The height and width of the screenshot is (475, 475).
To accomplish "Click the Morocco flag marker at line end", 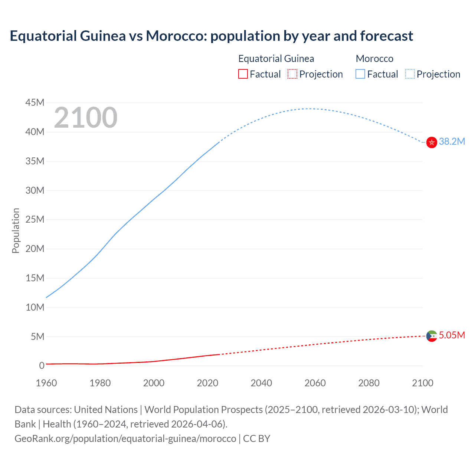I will pyautogui.click(x=432, y=142).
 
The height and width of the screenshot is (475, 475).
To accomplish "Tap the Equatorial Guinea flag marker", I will pyautogui.click(x=432, y=336).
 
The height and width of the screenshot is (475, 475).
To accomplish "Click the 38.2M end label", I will pyautogui.click(x=452, y=141).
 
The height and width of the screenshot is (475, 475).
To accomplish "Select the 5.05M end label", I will pyautogui.click(x=452, y=335).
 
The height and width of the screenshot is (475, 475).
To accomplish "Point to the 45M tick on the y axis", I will pyautogui.click(x=35, y=102).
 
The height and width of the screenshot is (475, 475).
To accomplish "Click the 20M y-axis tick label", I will pyautogui.click(x=35, y=249).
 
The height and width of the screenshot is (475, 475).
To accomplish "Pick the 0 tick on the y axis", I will pyautogui.click(x=42, y=366).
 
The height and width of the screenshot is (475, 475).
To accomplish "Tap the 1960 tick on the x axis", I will pyautogui.click(x=46, y=383).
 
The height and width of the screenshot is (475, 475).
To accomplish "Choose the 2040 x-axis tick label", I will pyautogui.click(x=261, y=383).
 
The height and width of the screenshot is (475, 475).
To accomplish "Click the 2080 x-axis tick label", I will pyautogui.click(x=369, y=383).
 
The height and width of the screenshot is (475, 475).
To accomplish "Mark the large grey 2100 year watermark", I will pyautogui.click(x=86, y=118).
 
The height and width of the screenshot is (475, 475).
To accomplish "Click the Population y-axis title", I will pyautogui.click(x=16, y=230).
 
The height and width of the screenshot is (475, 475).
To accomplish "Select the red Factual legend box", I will pyautogui.click(x=243, y=74).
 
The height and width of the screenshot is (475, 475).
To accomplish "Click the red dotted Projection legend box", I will pyautogui.click(x=292, y=74).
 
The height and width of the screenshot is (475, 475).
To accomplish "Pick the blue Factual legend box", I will pyautogui.click(x=360, y=74).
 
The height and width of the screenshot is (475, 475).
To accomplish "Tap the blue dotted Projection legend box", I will pyautogui.click(x=410, y=74).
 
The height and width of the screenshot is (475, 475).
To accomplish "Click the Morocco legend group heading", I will pyautogui.click(x=374, y=59).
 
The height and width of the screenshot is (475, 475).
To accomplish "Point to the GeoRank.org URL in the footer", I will pyautogui.click(x=125, y=438).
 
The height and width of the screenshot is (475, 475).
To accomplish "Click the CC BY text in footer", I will pyautogui.click(x=256, y=438).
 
